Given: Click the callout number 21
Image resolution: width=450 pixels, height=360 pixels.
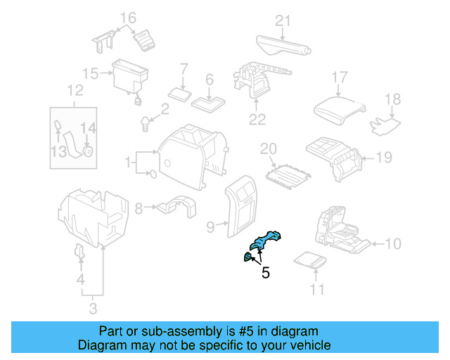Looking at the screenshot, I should point(282,21).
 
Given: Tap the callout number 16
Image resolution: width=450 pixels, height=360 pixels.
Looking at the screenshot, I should point(127,18).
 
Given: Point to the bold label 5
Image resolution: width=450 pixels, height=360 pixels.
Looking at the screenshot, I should point(265,272).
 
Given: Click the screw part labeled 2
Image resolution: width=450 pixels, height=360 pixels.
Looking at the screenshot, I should point(146,124).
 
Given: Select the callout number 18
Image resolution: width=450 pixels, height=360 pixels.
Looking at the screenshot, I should point(392,99).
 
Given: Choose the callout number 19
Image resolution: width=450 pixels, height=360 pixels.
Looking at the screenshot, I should point(383,157).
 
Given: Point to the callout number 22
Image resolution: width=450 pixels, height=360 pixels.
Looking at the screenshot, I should point(257,120).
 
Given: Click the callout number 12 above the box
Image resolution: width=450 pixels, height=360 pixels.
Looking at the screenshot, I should point(75,90).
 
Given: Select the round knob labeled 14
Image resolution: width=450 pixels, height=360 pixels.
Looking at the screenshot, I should point(89,150).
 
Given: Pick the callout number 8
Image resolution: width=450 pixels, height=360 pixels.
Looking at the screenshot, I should point(139,208).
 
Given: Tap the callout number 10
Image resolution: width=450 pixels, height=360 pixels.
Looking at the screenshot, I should point(393,244).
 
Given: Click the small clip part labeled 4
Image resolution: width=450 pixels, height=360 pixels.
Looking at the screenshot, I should point(80,252).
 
